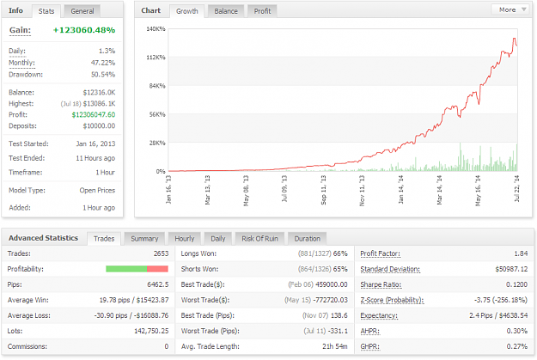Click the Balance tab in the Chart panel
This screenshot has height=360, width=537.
click(x=226, y=11)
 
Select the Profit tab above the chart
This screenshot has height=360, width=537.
click(x=262, y=11)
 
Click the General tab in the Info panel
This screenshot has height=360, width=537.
click(x=82, y=11)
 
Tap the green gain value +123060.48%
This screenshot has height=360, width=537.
click(x=84, y=30)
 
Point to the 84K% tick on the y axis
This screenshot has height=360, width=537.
click(x=157, y=86)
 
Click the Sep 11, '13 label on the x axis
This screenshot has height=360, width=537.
click(x=323, y=190)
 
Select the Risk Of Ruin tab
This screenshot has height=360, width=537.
click(x=260, y=239)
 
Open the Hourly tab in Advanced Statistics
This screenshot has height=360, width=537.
click(x=185, y=239)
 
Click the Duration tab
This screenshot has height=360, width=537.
click(x=308, y=239)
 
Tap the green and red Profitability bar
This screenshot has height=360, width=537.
click(x=137, y=269)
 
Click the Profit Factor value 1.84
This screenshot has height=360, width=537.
click(x=521, y=253)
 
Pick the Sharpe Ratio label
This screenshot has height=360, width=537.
click(x=381, y=284)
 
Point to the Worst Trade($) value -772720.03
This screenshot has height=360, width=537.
click(x=332, y=300)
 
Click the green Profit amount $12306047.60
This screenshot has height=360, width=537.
click(x=94, y=115)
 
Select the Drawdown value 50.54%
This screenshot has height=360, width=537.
click(x=103, y=75)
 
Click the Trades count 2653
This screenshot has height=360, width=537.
click(x=161, y=253)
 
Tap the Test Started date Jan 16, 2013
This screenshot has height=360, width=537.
click(x=95, y=143)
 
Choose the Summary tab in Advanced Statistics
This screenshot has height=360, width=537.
click(x=144, y=239)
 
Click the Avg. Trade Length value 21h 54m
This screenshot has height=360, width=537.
click(x=335, y=346)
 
